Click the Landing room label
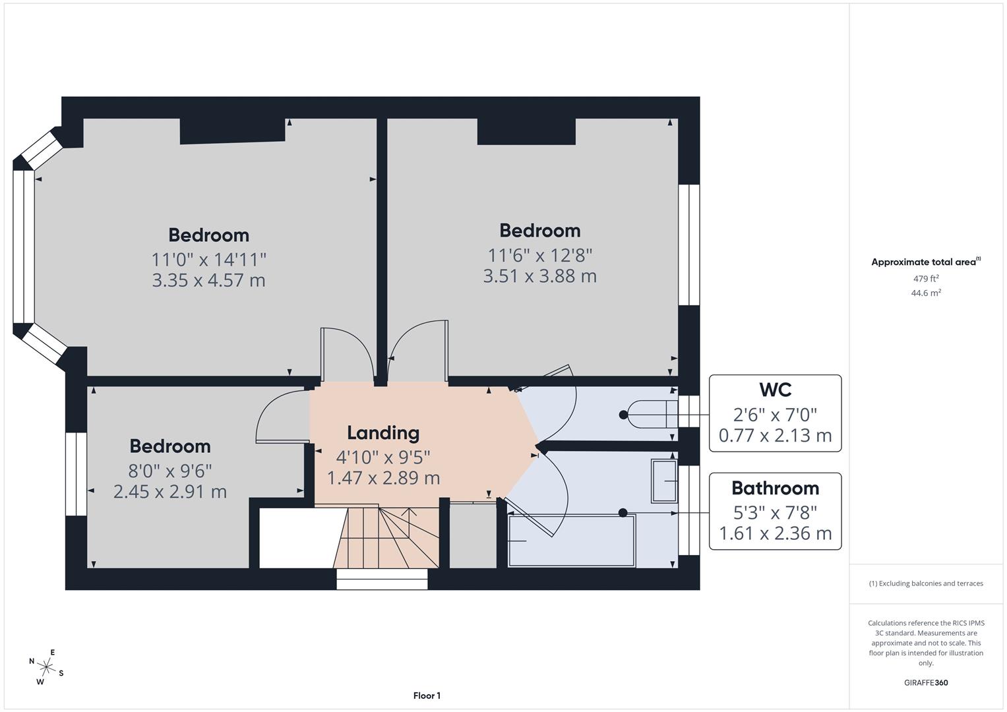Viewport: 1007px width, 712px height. [383, 433]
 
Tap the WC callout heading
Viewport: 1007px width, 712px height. [775, 390]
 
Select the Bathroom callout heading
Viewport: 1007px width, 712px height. [775, 489]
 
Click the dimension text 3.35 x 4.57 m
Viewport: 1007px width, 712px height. [208, 280]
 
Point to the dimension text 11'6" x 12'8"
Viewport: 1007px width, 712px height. [539, 255]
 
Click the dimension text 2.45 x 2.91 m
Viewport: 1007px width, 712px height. [169, 492]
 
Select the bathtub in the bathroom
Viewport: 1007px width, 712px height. [571, 541]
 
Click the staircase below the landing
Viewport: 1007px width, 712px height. [386, 537]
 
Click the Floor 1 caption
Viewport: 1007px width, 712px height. [427, 696]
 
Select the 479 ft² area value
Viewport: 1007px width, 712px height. [926, 278]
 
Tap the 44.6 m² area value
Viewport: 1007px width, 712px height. [926, 293]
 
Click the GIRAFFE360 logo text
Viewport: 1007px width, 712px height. [926, 682]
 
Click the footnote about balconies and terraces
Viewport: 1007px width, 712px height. [926, 583]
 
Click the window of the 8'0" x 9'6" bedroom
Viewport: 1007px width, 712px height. [76, 474]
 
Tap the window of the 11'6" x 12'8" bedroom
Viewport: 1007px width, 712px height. [689, 245]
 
